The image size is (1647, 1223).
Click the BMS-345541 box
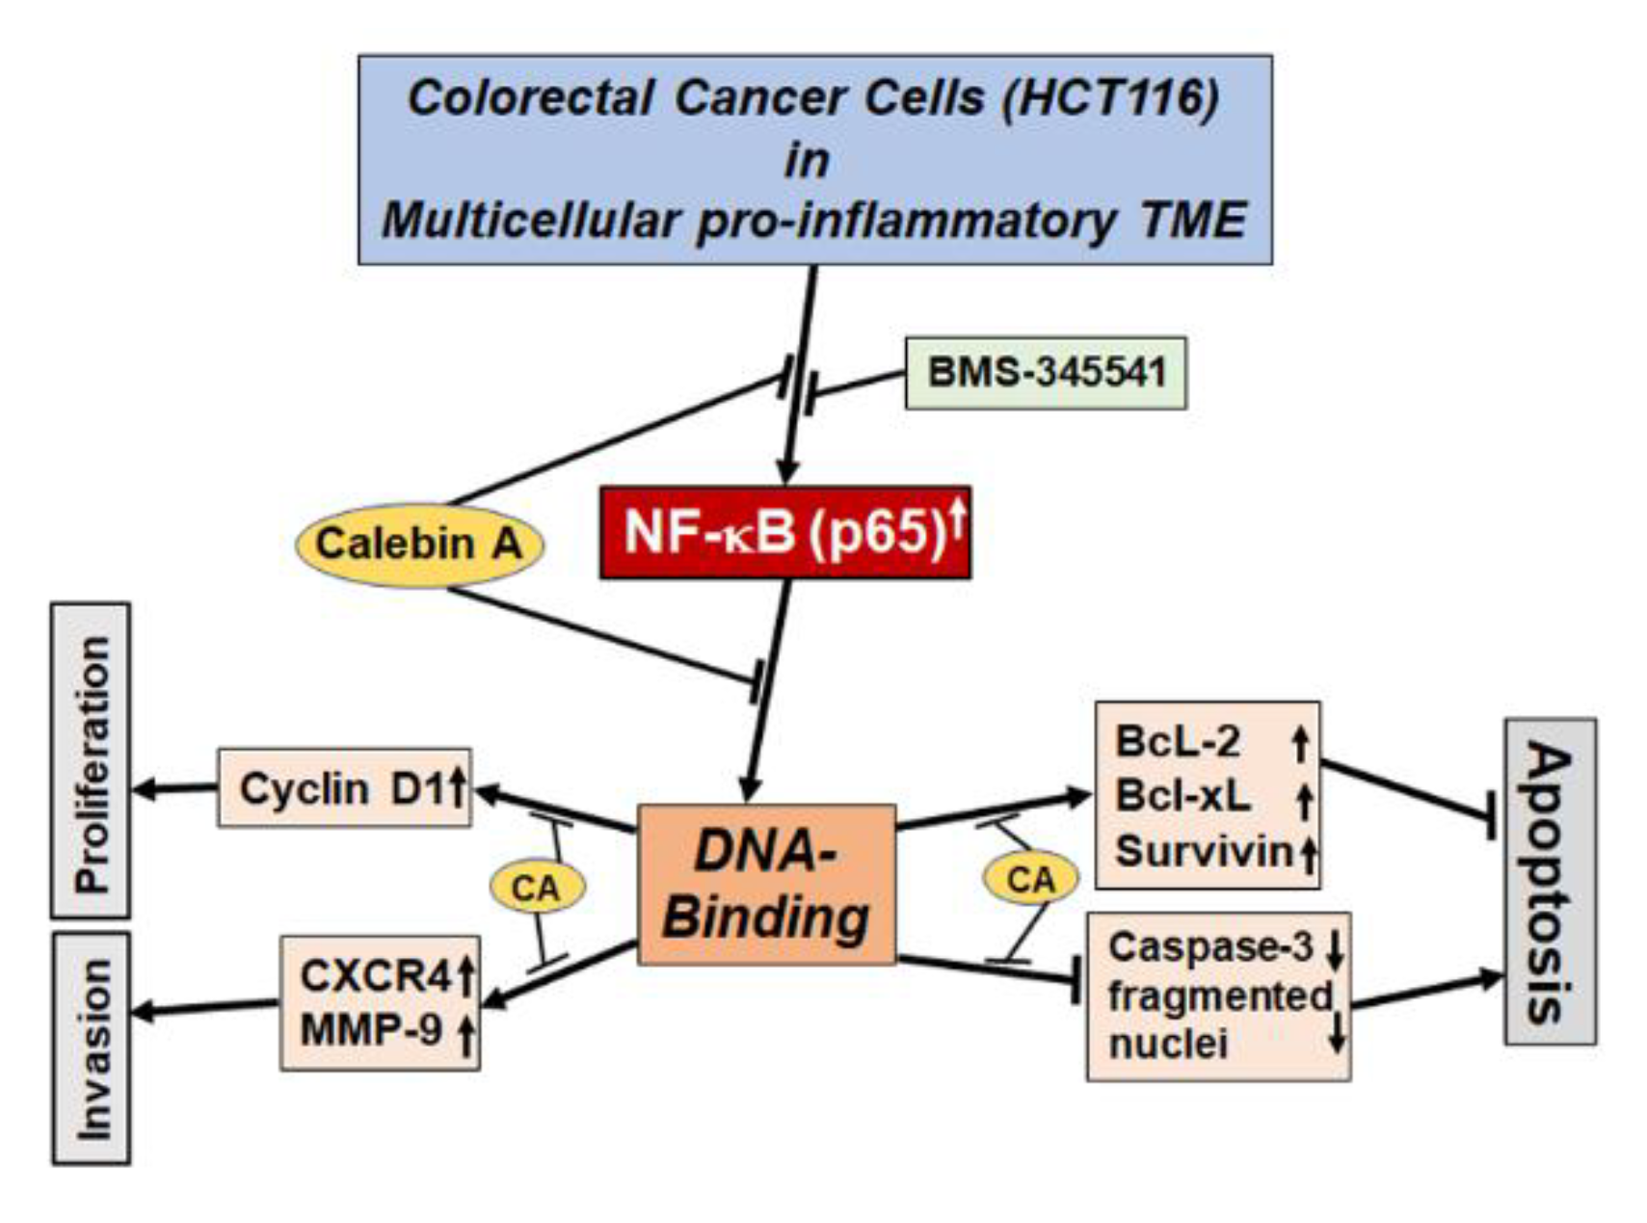(x=1045, y=373)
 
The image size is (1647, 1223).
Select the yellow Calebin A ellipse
(x=419, y=545)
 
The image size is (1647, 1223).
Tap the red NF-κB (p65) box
(x=784, y=532)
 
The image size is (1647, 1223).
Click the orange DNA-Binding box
(x=766, y=884)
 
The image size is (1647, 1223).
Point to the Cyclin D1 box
(x=344, y=788)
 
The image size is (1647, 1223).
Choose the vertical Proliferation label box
(x=91, y=760)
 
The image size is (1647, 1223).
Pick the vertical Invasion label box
(x=91, y=1048)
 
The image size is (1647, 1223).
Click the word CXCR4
(x=374, y=975)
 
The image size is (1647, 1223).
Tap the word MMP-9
(x=371, y=1030)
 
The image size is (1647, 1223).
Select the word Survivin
(x=1203, y=852)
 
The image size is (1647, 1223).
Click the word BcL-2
(x=1177, y=742)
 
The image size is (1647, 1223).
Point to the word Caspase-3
(x=1209, y=947)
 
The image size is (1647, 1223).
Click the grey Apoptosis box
(x=1549, y=881)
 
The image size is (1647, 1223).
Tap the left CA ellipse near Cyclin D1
(x=536, y=887)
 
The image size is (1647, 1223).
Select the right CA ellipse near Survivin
(x=1030, y=879)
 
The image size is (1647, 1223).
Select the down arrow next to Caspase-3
(x=1335, y=949)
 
